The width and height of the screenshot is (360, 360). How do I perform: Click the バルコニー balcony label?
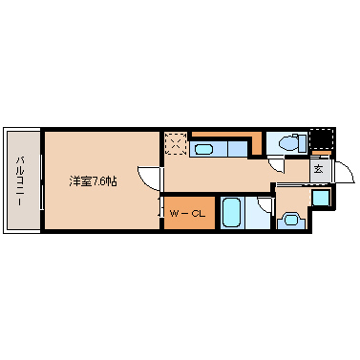[x=20, y=180]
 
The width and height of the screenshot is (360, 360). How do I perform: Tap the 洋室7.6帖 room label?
[x=94, y=181]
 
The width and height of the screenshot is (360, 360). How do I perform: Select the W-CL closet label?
[x=187, y=214]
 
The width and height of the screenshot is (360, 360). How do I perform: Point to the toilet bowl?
[x=288, y=143]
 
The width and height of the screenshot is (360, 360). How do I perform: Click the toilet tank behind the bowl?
[x=303, y=143]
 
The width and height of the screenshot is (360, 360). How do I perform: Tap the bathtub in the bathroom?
[x=231, y=212]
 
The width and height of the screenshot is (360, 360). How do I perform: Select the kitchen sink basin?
[x=203, y=149]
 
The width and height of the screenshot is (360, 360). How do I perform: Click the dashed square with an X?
[x=176, y=143]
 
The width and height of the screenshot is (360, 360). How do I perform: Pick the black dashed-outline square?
[x=322, y=139]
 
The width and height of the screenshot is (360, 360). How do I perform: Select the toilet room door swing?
[x=275, y=166]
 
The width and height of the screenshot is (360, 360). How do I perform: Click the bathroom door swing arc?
[x=265, y=205]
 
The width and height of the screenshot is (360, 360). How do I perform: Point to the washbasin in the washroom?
[x=291, y=220]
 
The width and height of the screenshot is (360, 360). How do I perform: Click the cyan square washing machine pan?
[x=320, y=198]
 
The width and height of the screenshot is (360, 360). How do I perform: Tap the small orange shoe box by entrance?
[x=321, y=154]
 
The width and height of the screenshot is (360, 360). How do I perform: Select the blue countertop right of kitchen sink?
[x=238, y=149]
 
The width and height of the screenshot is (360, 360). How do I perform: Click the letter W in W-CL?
[x=175, y=214]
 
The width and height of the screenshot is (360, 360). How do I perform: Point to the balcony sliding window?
[x=42, y=181]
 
